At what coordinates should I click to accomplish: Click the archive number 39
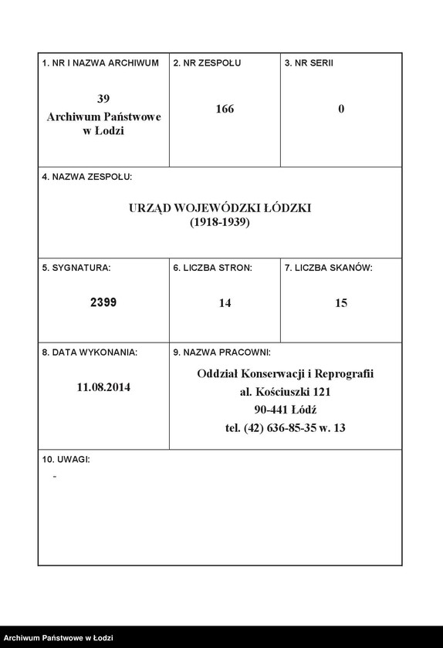[103, 99]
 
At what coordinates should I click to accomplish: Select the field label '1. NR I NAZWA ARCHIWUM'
[100, 62]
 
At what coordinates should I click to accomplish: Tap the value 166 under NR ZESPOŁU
[225, 110]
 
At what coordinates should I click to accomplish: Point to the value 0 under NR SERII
[341, 110]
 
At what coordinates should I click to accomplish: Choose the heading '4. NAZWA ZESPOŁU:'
[87, 177]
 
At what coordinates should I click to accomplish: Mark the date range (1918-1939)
[220, 222]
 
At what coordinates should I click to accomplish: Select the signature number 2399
[103, 303]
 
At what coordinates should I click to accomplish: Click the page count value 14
[225, 303]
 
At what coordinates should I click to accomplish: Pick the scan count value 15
[341, 303]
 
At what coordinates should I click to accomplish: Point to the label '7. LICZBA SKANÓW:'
[329, 268]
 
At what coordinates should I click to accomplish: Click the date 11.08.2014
[103, 387]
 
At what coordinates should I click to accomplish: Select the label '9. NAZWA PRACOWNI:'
[221, 352]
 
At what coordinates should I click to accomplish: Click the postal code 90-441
[271, 410]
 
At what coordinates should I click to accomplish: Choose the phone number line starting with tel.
[286, 427]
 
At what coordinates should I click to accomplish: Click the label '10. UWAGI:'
[66, 459]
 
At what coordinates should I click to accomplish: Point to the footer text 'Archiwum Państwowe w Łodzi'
[59, 638]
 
